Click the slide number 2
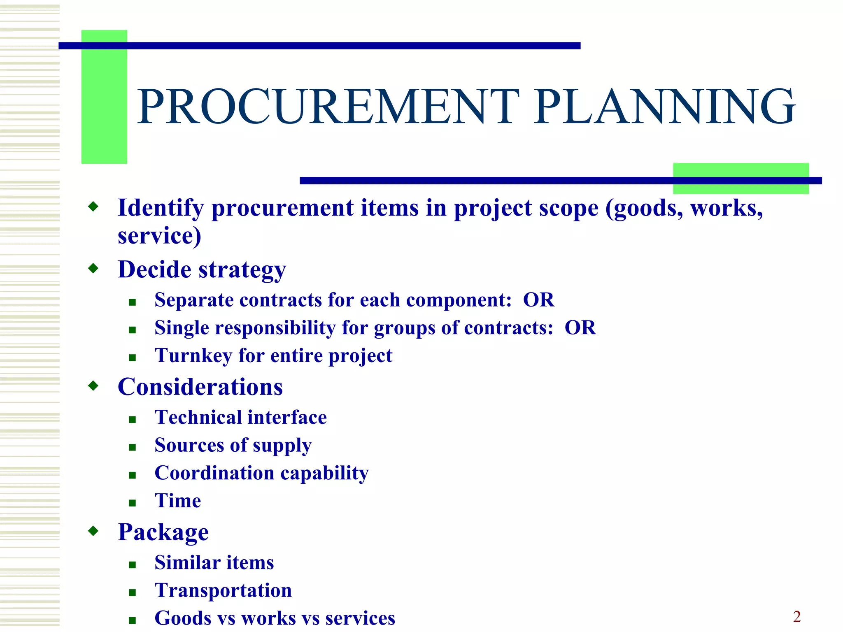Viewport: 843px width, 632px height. (x=796, y=616)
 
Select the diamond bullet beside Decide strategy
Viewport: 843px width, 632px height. (x=93, y=269)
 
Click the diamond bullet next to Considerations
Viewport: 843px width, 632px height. (x=93, y=386)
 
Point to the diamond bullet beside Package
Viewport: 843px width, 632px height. (x=93, y=531)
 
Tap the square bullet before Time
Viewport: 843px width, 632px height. (x=132, y=502)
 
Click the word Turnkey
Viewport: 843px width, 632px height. (x=193, y=355)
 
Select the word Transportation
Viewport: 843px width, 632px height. (x=223, y=590)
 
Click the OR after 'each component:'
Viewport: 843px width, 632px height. (x=538, y=300)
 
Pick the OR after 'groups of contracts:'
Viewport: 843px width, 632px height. (x=580, y=328)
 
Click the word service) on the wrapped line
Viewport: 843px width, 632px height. (x=159, y=236)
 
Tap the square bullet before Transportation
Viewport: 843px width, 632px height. (x=132, y=592)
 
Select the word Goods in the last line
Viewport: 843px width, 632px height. (x=183, y=618)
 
